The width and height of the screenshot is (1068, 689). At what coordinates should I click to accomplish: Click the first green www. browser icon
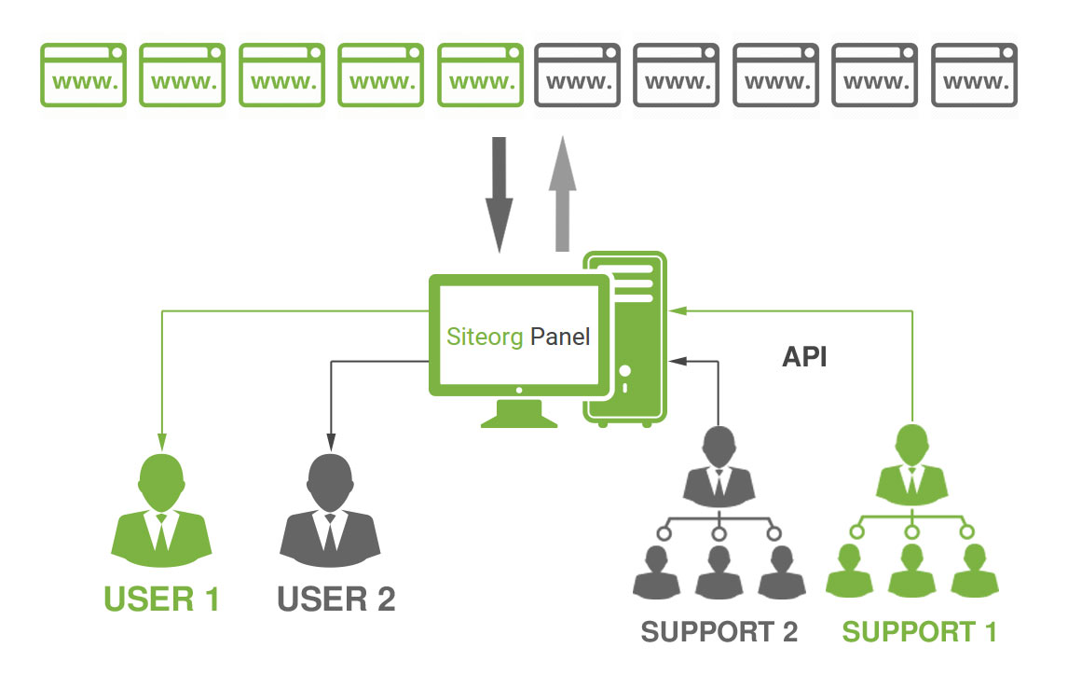coord(84,75)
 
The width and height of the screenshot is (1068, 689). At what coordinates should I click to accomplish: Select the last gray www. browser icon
coord(974,75)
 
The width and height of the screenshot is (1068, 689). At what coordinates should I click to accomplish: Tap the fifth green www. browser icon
coord(480,75)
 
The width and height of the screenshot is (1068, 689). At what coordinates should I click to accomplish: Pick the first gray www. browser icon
coord(578,75)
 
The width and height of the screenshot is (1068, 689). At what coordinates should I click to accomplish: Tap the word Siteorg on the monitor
coord(486,337)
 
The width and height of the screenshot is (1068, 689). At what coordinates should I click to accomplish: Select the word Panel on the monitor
coord(560,337)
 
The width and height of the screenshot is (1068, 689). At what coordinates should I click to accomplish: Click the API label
coord(804,357)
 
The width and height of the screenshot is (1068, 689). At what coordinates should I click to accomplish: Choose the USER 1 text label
coord(162,599)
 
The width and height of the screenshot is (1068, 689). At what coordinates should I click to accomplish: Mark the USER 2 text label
coord(336,599)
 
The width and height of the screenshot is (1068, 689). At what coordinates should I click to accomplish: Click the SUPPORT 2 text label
coord(719,632)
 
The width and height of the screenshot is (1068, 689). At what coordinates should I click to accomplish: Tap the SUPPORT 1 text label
coord(920,632)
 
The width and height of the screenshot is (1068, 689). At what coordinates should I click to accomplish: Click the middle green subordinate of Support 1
coord(912,572)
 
